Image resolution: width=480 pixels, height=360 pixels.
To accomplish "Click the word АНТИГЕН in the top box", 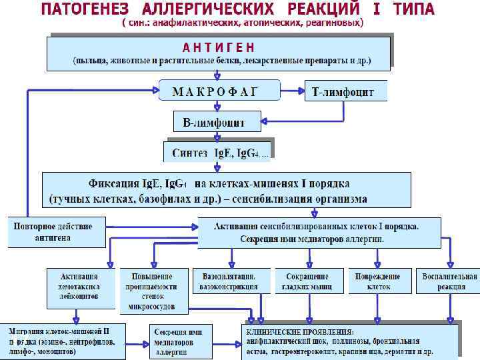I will (219, 48).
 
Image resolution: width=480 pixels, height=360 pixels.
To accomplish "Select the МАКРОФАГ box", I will (215, 91).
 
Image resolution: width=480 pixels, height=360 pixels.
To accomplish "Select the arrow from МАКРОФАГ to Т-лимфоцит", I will (291, 90).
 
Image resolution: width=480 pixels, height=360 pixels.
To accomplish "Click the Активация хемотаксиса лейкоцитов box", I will (79, 281).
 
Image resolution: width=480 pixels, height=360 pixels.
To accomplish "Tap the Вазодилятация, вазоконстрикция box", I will (229, 281).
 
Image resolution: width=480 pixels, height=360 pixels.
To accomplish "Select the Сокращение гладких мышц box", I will (307, 281).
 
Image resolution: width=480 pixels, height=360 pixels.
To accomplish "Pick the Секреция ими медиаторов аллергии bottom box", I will (178, 341).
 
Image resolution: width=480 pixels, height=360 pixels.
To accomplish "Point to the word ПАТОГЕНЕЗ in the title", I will (89, 9).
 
